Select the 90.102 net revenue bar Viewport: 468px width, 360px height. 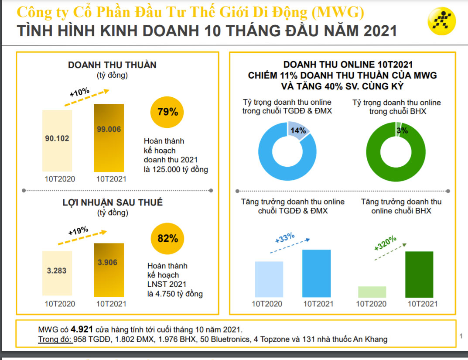(x=57, y=141)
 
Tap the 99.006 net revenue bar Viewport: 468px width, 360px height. (x=109, y=137)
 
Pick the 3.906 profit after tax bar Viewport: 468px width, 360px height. (x=109, y=270)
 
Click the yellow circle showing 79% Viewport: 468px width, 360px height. (x=167, y=112)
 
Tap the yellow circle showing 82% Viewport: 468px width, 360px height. (x=167, y=239)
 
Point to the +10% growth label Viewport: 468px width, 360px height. (x=79, y=92)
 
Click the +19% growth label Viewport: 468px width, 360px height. (x=78, y=231)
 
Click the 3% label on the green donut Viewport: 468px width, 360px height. (x=402, y=130)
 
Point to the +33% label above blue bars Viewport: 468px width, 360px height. (x=285, y=238)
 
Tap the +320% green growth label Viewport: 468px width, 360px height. (x=385, y=243)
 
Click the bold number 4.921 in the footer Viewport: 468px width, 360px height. (x=82, y=329)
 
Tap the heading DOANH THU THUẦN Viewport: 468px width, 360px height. (x=112, y=65)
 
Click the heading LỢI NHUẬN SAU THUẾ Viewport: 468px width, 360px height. (x=112, y=202)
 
